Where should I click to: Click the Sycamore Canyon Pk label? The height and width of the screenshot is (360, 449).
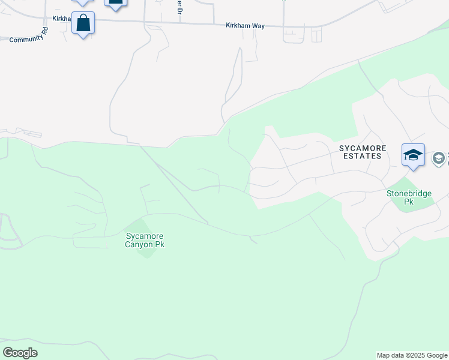pos(144,240)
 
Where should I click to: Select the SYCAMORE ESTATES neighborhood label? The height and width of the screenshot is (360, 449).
pos(360,152)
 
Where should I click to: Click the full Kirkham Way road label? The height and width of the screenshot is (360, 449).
pos(245,26)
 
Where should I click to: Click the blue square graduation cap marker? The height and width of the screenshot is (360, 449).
pos(413,155)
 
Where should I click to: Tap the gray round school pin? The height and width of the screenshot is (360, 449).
pos(439,158)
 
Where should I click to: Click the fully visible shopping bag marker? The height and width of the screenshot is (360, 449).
pos(83,24)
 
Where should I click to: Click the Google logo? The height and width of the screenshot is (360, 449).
pos(20,353)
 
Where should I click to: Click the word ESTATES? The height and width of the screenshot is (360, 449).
pos(360,156)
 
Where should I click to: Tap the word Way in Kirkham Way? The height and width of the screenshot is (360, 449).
pos(258,26)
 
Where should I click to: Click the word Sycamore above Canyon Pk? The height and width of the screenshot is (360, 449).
pos(145,236)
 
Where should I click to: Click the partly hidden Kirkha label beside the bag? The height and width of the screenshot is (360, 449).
pos(62,19)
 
